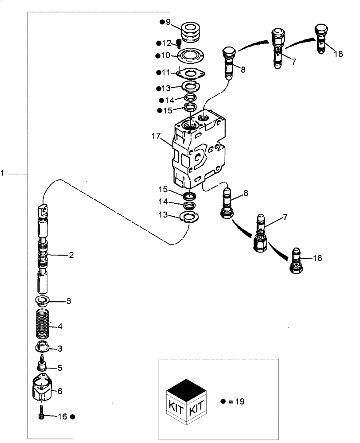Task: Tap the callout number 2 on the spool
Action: [x=70, y=255]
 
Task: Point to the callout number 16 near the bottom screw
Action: [x=63, y=417]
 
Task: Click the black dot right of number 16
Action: [x=73, y=417]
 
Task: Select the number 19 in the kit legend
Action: [x=239, y=402]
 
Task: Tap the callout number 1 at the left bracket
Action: [x=3, y=174]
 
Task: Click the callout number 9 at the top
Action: [x=168, y=22]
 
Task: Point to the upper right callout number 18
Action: [x=338, y=54]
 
